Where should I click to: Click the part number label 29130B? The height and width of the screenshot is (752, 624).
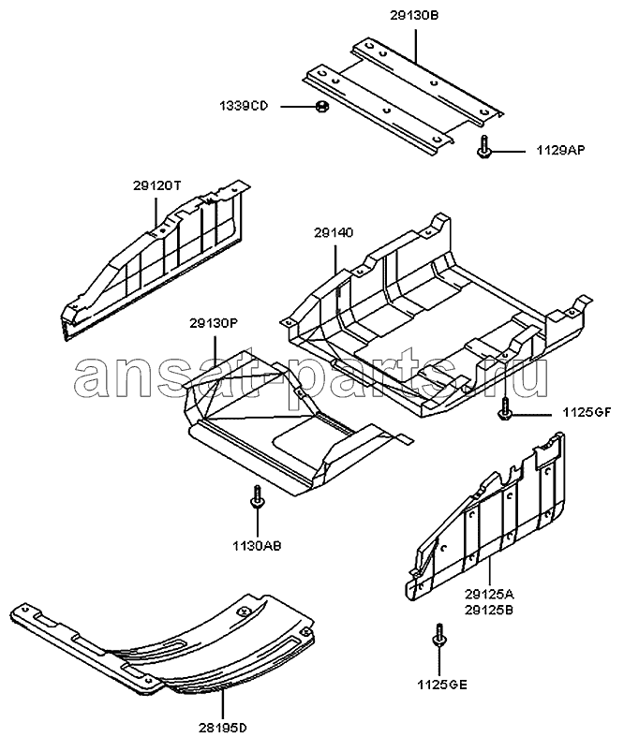coord(414,16)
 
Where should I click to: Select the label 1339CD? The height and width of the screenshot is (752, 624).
coord(244,106)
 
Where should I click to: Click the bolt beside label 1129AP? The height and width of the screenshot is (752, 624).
coord(483,146)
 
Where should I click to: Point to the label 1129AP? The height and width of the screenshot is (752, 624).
coord(560,150)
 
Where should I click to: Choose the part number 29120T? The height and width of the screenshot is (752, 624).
coord(157,185)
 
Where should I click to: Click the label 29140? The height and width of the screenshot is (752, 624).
coord(334,233)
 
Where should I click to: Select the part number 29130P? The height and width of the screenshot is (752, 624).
coord(214,324)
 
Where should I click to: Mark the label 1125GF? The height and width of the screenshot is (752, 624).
coord(587,412)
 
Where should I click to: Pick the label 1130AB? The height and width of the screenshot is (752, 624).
coord(258,545)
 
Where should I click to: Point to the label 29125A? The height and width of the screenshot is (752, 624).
coord(489,595)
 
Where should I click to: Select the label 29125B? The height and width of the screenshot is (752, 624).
coord(489,610)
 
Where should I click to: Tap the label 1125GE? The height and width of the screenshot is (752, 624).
coord(442,685)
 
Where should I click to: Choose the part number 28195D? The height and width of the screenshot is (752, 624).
coord(223,728)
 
